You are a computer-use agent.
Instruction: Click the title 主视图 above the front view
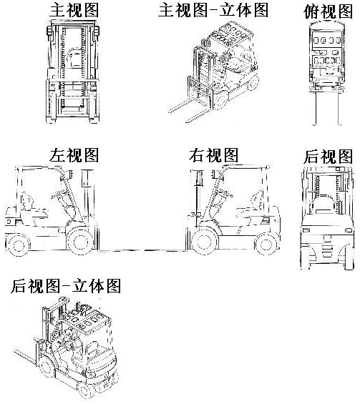tap(74, 10)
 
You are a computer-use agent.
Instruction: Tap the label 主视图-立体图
tap(213, 10)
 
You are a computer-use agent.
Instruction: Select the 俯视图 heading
tap(328, 11)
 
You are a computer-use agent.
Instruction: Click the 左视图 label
tap(74, 155)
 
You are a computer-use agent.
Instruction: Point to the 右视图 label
tap(213, 155)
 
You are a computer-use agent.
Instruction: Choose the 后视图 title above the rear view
tap(328, 156)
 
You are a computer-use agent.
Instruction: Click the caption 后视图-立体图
tap(66, 286)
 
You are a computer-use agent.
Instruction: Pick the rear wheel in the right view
tap(266, 245)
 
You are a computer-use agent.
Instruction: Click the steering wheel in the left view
tap(59, 194)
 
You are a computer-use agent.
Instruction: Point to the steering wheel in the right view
tap(224, 193)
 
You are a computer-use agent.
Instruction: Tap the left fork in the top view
tap(316, 108)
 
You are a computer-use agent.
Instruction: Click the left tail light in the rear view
tap(306, 230)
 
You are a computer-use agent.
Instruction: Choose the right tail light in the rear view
tap(348, 230)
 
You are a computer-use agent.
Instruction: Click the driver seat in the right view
tap(251, 210)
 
